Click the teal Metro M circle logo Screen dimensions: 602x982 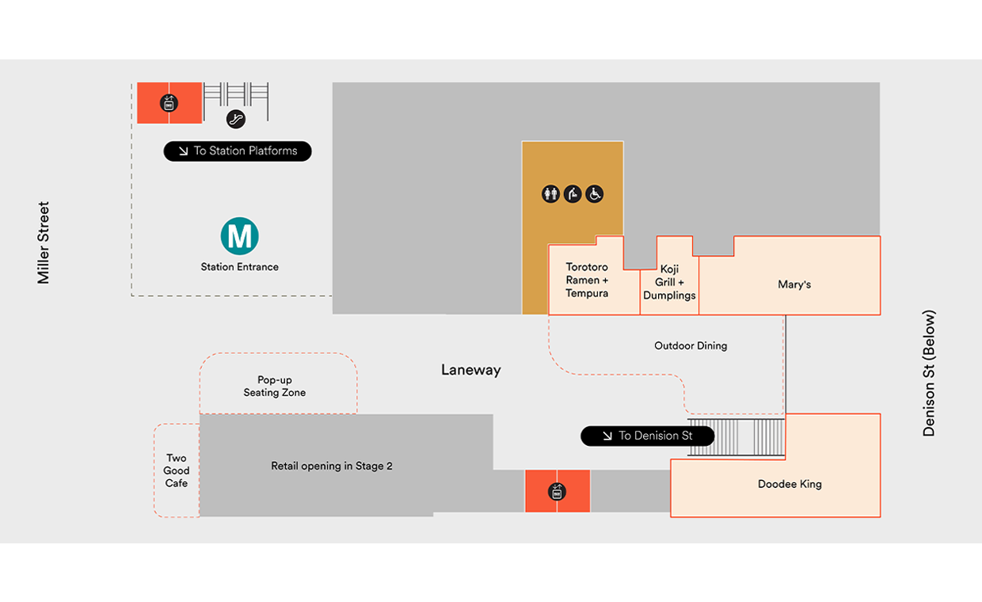coord(239,236)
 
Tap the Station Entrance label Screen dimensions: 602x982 coord(239,267)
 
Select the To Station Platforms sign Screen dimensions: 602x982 coord(238,150)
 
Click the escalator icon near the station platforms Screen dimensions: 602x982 coord(236,119)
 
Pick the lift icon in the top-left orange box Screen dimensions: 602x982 coord(168,103)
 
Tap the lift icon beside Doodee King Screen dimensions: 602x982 coord(557,492)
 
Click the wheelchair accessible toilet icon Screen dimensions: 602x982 coord(595,193)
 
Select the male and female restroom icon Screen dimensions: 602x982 coord(550,193)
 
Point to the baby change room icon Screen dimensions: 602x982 coord(573,193)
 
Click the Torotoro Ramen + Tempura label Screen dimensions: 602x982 coord(587,280)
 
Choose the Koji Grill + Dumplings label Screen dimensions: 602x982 coord(669,283)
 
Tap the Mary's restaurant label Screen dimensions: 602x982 coord(794,284)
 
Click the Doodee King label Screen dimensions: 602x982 coord(790,484)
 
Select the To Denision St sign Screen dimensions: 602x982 coord(648,436)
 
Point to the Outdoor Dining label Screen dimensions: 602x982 coord(691,345)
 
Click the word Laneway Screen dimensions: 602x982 coord(471,370)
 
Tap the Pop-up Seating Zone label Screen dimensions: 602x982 coord(275,387)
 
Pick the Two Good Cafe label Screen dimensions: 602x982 coord(177,471)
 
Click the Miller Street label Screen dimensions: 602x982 coord(44,242)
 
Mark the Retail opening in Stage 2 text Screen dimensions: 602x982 coord(332,466)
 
